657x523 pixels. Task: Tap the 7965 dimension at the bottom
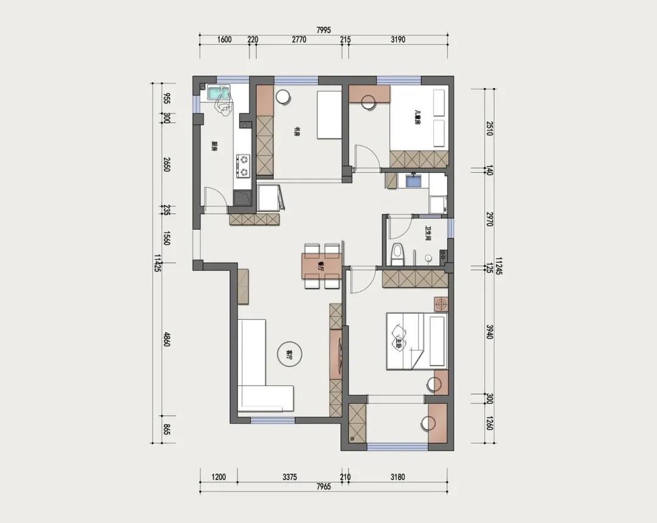click(324, 487)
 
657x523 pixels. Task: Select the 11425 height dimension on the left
click(158, 263)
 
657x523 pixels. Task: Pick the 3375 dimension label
click(290, 477)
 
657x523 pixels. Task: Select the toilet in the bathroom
click(398, 253)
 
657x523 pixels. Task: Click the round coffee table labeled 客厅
click(289, 353)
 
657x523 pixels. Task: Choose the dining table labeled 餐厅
click(321, 266)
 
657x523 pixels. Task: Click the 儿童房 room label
click(417, 117)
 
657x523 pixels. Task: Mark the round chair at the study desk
click(283, 97)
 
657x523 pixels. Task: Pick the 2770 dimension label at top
click(298, 40)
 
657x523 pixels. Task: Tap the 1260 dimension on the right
click(489, 423)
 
